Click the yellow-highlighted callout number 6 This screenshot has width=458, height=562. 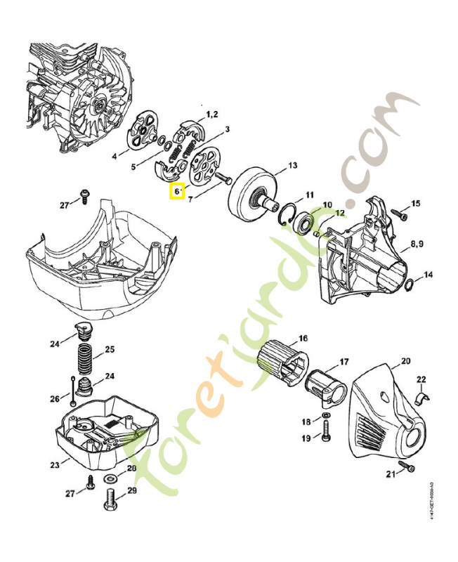point(176,190)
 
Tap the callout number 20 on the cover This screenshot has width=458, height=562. point(405,362)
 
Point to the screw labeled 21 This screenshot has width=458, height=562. point(407,467)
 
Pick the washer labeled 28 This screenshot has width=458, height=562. point(112,479)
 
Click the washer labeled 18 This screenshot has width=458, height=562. point(327,421)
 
